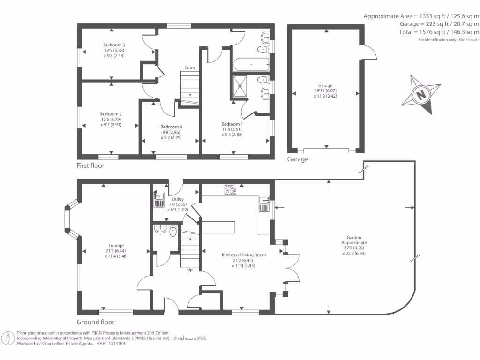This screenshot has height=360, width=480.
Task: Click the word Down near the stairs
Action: [189, 67]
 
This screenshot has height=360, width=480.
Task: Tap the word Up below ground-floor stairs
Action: [190, 270]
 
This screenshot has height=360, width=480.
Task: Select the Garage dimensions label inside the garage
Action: [325, 90]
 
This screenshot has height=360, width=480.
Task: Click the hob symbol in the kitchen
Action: [231, 190]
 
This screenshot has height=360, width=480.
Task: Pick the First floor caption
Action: [90, 166]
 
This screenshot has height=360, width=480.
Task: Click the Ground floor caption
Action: [96, 322]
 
